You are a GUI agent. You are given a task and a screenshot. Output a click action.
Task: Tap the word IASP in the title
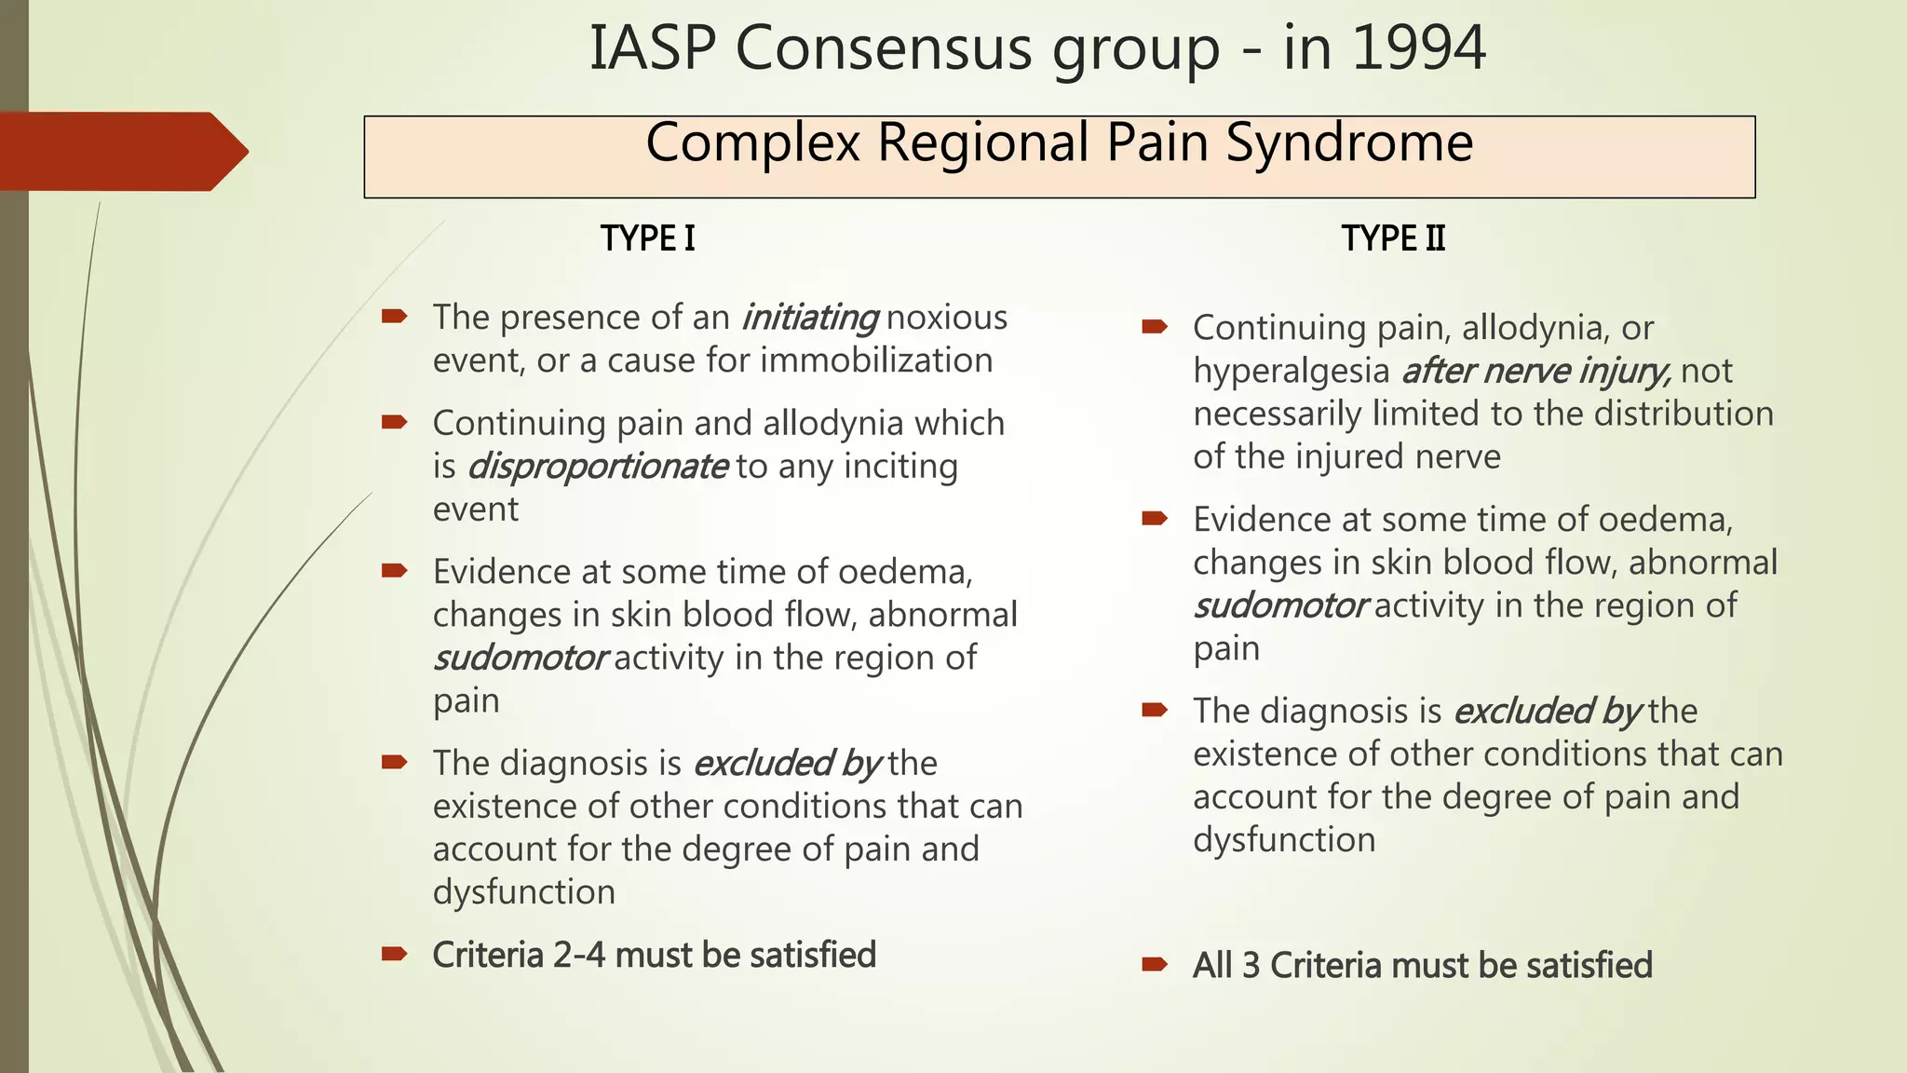[652, 48]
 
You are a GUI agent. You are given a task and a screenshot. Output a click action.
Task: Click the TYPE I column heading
[648, 238]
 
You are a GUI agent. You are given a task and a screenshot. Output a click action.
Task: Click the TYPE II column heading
[1393, 238]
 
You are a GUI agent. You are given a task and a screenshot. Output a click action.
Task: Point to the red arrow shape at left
[121, 151]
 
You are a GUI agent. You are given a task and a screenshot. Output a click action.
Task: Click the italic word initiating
[809, 318]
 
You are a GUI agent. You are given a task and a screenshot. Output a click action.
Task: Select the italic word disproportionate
[597, 466]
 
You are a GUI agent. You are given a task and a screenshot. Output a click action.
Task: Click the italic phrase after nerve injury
[1536, 371]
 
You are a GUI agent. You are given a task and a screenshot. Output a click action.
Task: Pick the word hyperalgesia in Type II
[1291, 371]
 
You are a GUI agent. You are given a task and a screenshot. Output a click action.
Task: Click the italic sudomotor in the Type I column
[521, 658]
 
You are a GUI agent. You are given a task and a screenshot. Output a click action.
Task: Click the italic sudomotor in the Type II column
[1280, 605]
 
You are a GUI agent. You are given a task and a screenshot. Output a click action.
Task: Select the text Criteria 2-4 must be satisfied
[654, 955]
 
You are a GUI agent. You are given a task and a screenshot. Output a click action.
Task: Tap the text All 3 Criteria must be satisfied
[1422, 965]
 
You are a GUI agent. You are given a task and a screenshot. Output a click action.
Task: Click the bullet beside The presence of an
[394, 318]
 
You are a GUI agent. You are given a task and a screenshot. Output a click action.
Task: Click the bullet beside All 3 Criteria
[1155, 965]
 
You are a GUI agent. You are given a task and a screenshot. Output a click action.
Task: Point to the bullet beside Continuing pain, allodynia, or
[1155, 327]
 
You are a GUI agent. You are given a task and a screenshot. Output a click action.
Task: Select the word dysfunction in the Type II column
[1284, 840]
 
